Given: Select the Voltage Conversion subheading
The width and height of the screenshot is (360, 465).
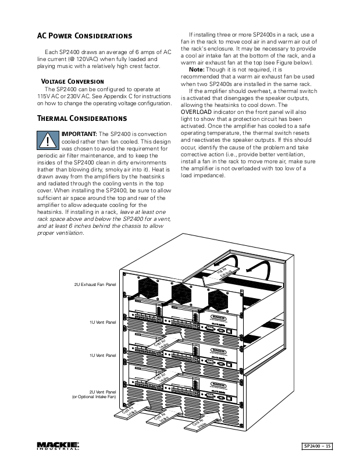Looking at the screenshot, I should (73, 81).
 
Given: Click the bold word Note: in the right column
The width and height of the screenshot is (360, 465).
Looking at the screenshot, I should (197, 69).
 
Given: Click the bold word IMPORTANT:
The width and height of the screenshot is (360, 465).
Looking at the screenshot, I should (80, 134).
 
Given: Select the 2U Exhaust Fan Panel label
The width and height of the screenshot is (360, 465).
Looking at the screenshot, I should (95, 285).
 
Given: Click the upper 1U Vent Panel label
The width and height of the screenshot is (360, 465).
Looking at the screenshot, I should (102, 321).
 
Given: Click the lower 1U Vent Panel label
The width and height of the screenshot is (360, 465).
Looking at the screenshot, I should (102, 354).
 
